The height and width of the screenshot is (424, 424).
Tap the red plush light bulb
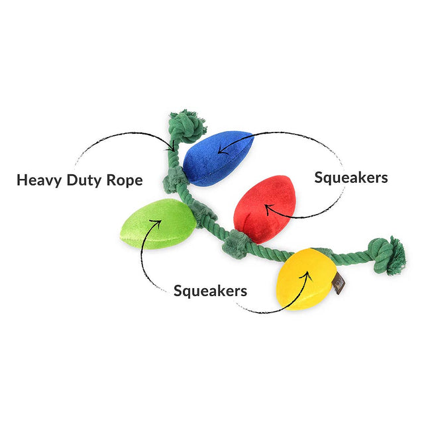264,208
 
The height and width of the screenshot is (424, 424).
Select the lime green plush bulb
158,224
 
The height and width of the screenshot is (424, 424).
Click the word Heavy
39,180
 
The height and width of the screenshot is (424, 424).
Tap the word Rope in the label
125,180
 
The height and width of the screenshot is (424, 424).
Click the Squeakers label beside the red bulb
351,178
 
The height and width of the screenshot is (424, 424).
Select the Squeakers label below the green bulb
210,291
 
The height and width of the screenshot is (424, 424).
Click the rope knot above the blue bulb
187,126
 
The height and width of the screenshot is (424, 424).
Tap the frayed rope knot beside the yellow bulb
387,256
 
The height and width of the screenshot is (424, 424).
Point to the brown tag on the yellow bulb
339,284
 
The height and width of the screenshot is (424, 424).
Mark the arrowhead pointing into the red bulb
268,209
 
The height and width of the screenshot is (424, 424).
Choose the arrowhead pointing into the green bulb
157,223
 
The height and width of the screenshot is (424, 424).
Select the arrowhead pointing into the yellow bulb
306,276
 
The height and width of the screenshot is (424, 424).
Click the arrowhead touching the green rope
171,147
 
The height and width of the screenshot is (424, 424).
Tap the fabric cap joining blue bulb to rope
174,180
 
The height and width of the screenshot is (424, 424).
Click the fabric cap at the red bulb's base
235,244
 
